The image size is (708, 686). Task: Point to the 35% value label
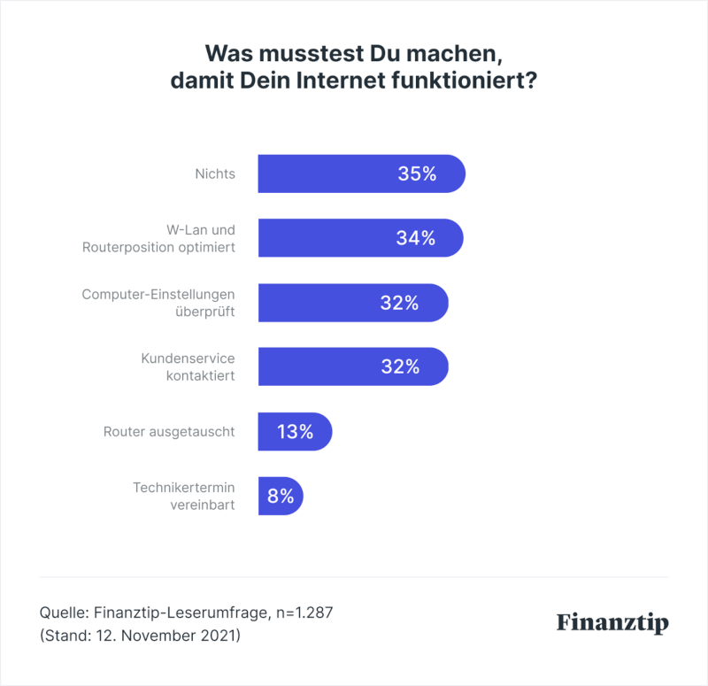[x=417, y=174]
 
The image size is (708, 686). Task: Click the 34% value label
[x=416, y=238]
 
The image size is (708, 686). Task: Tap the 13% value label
[x=295, y=432]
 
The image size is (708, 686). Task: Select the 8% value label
[x=281, y=497]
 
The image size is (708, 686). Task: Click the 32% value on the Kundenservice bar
[x=400, y=366]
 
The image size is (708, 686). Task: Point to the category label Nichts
[x=215, y=173]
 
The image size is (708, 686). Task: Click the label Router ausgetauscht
[x=169, y=432]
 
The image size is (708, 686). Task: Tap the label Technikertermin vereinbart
[x=183, y=496]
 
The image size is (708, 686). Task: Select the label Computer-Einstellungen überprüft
[x=158, y=303]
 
